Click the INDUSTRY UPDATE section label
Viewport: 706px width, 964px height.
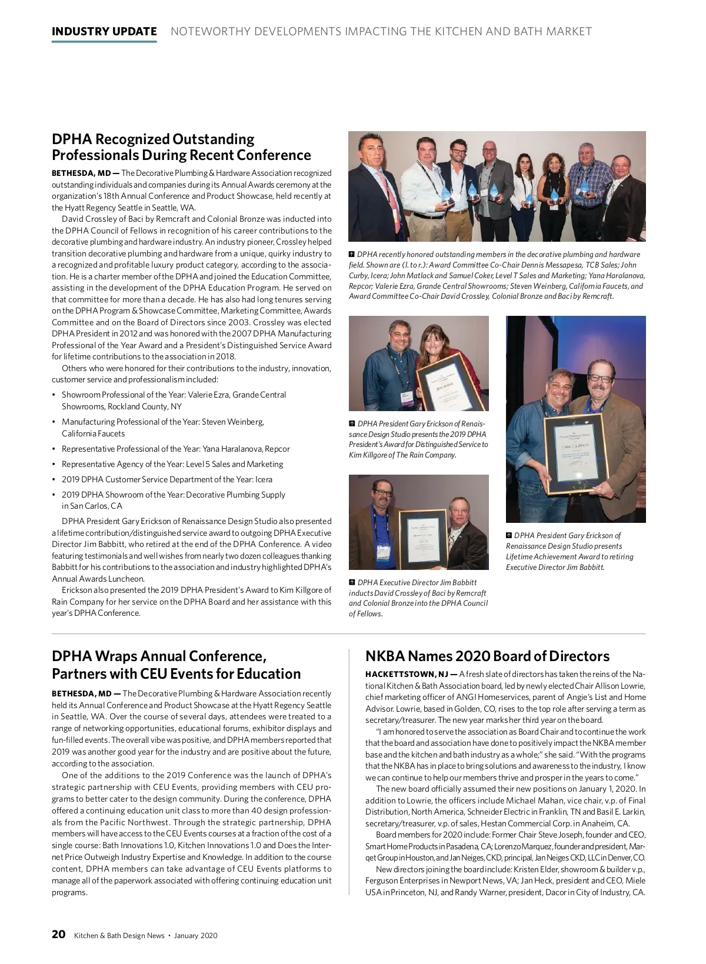[x=104, y=32]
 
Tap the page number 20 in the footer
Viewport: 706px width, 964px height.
[x=58, y=935]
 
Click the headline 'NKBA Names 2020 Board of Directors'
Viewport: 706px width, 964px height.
[x=487, y=656]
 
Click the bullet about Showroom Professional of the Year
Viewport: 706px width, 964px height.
[x=174, y=401]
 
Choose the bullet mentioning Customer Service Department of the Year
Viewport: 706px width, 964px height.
[x=166, y=479]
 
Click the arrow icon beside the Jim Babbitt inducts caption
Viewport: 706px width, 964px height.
[x=352, y=582]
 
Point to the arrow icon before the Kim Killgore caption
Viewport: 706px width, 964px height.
[x=352, y=423]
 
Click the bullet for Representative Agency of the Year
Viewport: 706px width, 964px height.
[x=172, y=464]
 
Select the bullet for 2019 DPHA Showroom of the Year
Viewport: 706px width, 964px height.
[x=173, y=500]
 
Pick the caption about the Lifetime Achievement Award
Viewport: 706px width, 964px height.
[x=570, y=551]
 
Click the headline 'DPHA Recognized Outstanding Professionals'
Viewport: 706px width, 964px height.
[x=181, y=147]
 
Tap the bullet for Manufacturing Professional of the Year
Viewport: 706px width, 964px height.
[x=162, y=428]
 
